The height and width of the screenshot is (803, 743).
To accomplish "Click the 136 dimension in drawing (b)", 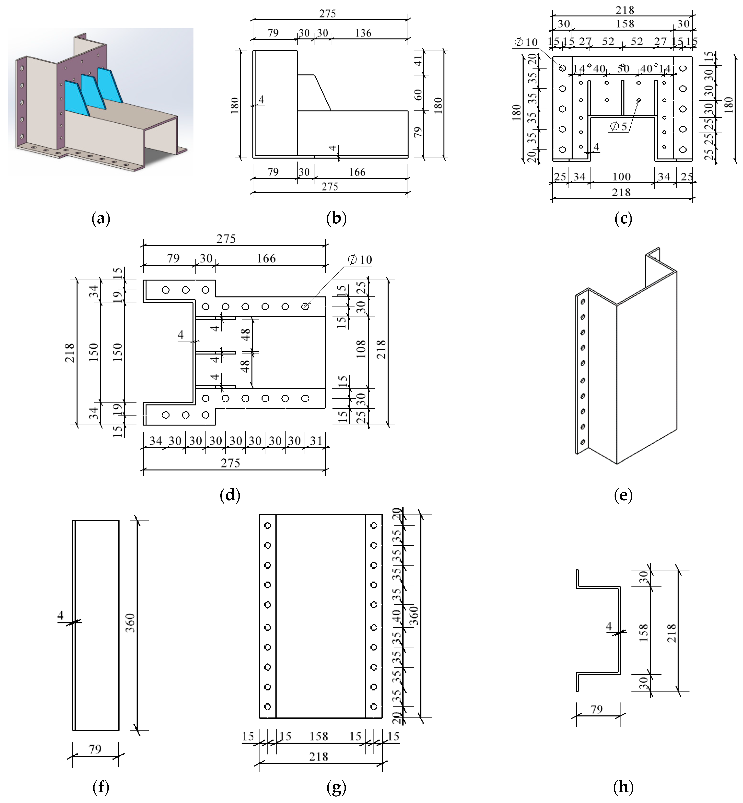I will click(363, 33).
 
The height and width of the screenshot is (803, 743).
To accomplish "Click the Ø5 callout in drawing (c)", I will click(618, 127).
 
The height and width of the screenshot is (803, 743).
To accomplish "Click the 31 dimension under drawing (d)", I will click(316, 441).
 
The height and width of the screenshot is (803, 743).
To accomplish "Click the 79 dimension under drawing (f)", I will click(95, 749).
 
